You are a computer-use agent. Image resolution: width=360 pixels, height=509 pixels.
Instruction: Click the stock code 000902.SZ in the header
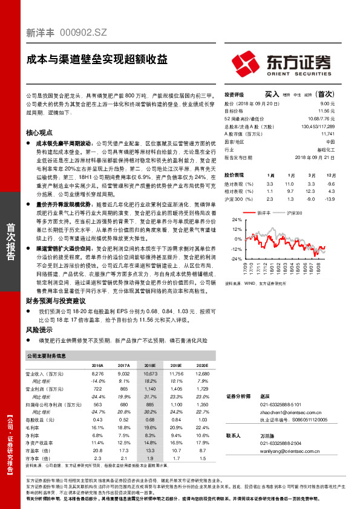(x=84, y=35)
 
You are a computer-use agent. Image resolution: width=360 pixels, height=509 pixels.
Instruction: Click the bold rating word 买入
(x=272, y=94)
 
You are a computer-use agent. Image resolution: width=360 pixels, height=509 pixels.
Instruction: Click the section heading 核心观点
(x=40, y=131)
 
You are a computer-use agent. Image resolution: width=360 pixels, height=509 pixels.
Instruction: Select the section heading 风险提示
(x=40, y=331)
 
